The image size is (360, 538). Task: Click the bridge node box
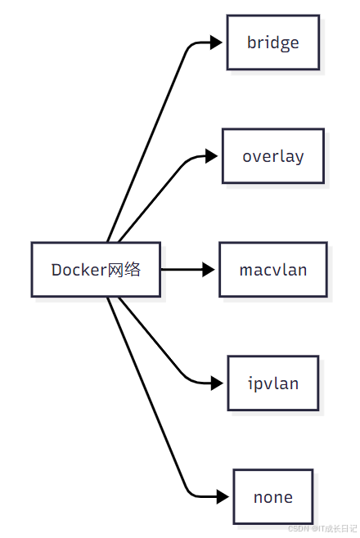click(x=272, y=43)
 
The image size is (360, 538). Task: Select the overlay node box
click(x=272, y=155)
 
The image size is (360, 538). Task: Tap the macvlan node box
click(x=272, y=269)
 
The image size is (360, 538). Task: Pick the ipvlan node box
click(x=272, y=383)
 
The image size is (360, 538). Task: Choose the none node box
click(x=272, y=496)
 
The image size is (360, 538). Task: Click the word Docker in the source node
click(x=79, y=270)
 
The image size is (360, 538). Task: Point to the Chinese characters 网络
click(x=124, y=270)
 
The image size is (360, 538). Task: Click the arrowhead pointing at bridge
click(x=216, y=43)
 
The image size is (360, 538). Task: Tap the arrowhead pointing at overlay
click(x=216, y=155)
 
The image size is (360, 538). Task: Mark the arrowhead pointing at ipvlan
click(x=216, y=383)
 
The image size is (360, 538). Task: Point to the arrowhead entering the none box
click(x=222, y=496)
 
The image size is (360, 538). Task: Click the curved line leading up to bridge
click(x=147, y=131)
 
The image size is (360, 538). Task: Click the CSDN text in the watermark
click(x=297, y=528)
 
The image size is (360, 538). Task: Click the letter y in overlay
click(x=299, y=157)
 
